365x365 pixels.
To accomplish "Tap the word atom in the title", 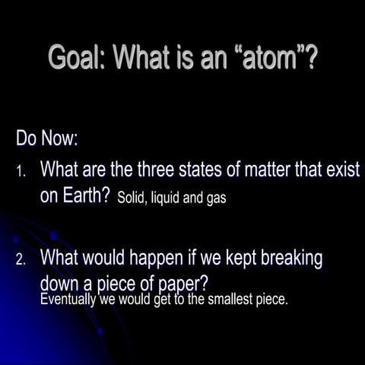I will (x=265, y=59).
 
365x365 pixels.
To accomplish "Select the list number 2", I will (x=22, y=261).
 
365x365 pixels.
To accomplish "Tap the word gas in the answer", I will (x=217, y=200).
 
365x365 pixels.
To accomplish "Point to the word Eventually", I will (x=68, y=300).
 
